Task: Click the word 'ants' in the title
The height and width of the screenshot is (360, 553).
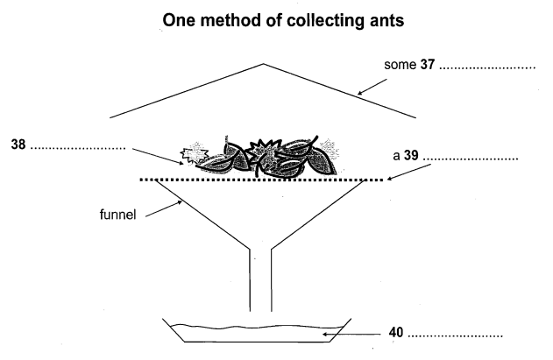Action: (379, 20)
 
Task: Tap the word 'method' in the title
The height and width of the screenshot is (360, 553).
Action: (228, 20)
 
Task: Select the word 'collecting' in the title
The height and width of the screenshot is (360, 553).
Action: (308, 20)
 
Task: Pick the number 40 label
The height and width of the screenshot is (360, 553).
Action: (397, 334)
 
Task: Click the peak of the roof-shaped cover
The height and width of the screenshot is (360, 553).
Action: (263, 64)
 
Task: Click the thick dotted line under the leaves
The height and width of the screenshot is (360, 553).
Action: (263, 180)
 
